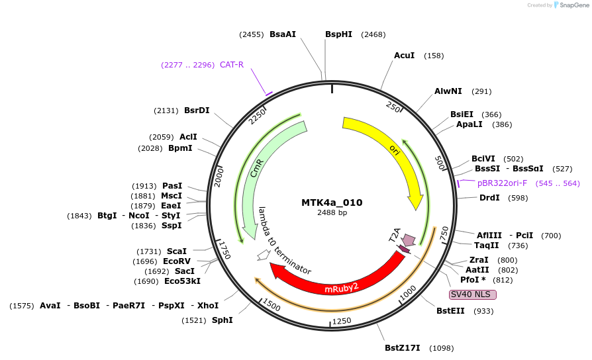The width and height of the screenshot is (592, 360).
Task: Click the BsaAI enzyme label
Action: coord(283,34)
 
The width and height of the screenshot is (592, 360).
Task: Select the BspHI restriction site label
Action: coord(338,34)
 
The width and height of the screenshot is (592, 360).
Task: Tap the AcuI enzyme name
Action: coord(404,56)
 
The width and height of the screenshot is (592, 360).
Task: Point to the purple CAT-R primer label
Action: coord(232,65)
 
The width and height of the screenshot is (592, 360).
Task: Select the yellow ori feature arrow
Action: coord(391,152)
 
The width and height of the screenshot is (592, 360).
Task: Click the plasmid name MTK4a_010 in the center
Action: coord(332,202)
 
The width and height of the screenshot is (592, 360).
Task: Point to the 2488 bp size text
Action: coord(332,213)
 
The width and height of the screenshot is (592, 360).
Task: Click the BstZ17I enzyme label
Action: coord(403,348)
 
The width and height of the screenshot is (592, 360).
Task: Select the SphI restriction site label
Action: coord(222,320)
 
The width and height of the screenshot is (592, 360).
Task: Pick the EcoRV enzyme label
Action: coord(177,261)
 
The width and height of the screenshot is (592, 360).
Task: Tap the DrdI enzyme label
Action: coord(489,198)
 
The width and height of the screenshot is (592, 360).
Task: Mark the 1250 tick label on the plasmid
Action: coord(341,321)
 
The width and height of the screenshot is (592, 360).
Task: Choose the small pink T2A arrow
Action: coord(409,239)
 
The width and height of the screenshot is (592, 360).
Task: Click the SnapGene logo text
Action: coord(573,5)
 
